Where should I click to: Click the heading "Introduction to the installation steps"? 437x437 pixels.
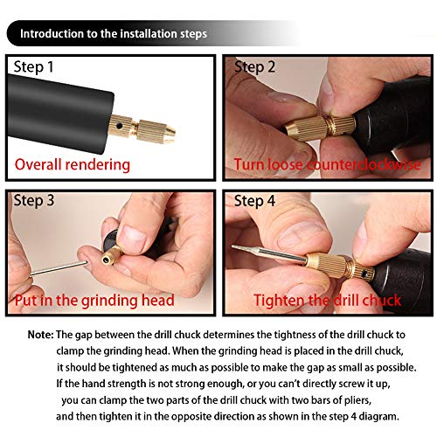coord(114,35)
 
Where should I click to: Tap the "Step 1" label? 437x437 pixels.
coord(38,67)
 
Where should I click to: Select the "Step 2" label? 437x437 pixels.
coord(255,67)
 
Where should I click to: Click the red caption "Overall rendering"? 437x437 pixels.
coord(73,164)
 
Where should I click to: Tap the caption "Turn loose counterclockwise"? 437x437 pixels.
coord(327,164)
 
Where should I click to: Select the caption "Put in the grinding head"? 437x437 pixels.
coord(94,300)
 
